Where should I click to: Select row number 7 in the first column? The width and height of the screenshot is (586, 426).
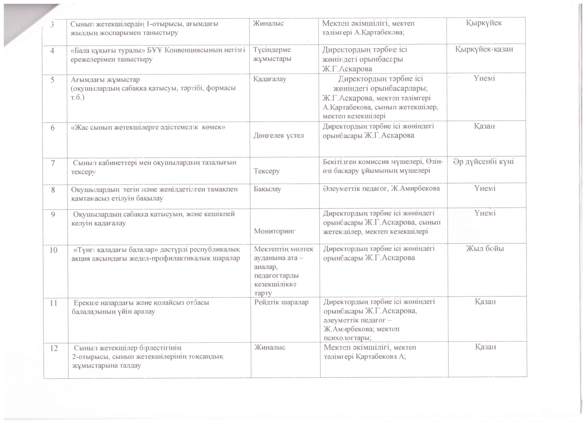click(53, 163)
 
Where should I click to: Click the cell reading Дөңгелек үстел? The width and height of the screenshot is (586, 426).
click(278, 135)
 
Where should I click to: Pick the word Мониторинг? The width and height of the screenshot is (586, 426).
click(274, 231)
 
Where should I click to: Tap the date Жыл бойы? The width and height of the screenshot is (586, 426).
click(485, 249)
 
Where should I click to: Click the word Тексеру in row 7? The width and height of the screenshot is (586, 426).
click(267, 171)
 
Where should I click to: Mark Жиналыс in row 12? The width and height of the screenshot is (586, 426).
click(270, 347)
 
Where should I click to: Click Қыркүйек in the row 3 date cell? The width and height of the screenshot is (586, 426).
click(484, 23)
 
